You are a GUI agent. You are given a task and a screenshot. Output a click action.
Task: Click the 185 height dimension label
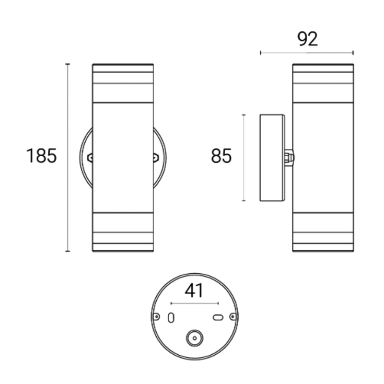click(41, 156)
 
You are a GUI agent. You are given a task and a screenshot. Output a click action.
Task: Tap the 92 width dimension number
click(308, 39)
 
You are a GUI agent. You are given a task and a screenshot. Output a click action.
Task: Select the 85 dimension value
click(221, 156)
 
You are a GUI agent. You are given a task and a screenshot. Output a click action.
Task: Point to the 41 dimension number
click(194, 290)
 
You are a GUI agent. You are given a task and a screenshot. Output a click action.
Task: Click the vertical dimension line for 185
click(67, 157)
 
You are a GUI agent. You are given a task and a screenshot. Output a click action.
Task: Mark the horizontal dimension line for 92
click(307, 53)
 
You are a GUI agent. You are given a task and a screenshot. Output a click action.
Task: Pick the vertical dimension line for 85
click(243, 158)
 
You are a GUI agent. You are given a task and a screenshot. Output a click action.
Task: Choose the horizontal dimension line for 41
click(195, 304)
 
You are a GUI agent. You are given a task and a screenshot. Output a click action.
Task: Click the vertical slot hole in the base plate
click(171, 318)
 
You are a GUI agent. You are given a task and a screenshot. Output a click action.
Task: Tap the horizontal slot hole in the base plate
click(218, 318)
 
